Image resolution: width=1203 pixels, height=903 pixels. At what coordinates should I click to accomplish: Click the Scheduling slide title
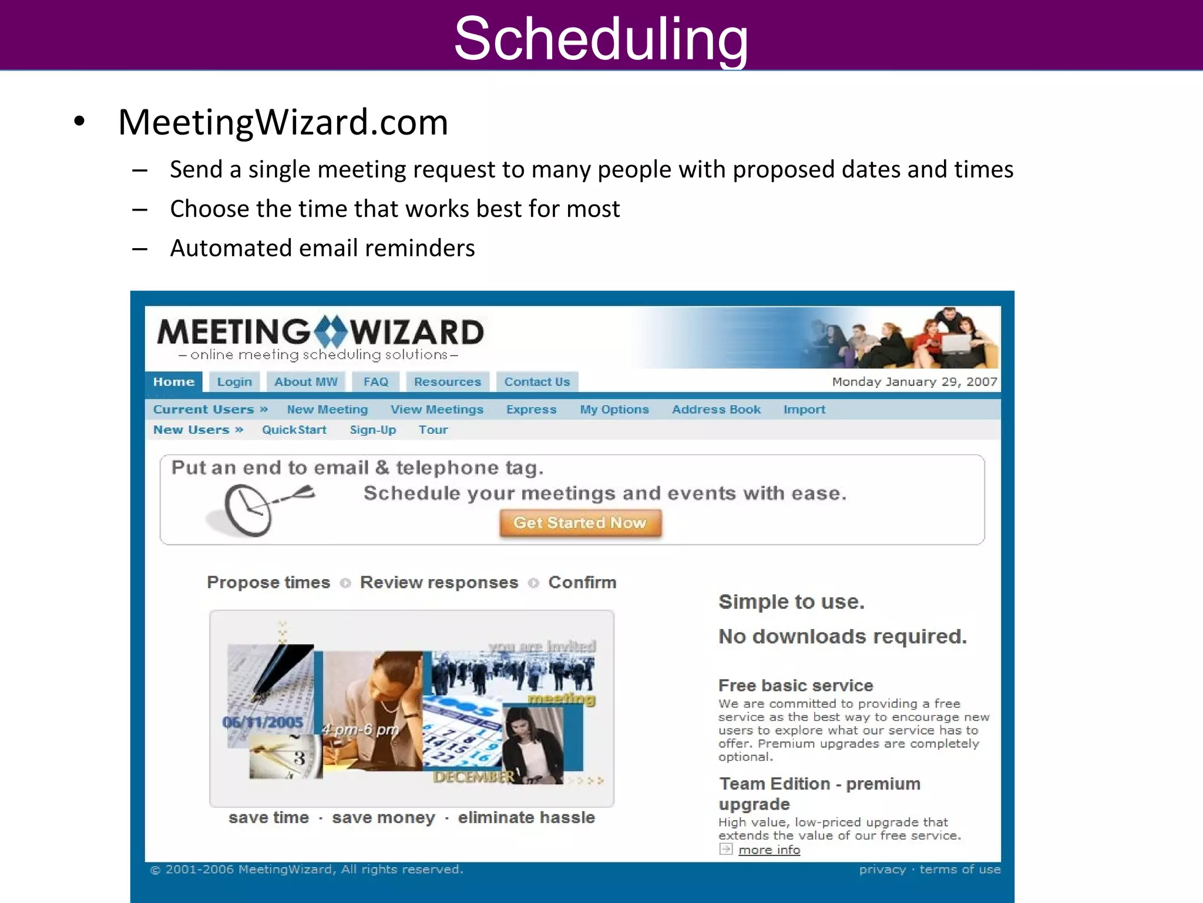(x=601, y=38)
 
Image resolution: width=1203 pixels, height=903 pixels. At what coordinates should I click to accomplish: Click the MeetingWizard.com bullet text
(x=283, y=122)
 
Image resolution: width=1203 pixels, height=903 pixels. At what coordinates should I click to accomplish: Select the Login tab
(x=234, y=382)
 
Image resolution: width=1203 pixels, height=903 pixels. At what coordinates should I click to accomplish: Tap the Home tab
(x=173, y=382)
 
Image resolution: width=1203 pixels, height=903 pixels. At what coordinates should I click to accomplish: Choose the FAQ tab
(x=376, y=382)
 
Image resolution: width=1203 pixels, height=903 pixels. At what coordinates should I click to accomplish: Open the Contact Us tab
(x=537, y=382)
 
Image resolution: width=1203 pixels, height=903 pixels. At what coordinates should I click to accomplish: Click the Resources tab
(x=447, y=382)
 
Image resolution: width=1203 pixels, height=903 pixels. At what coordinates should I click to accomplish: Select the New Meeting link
(x=327, y=409)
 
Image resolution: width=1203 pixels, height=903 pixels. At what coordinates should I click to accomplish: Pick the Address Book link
(x=716, y=409)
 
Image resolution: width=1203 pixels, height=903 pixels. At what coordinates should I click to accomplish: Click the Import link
(x=804, y=409)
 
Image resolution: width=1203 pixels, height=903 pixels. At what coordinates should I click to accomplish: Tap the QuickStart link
(x=294, y=430)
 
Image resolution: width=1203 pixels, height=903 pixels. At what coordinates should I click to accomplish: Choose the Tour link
(x=433, y=430)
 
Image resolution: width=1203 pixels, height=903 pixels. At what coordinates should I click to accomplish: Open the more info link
(x=769, y=850)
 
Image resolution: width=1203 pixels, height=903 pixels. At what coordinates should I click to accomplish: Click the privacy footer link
(x=882, y=869)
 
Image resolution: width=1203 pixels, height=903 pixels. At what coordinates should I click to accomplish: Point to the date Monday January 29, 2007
(x=914, y=382)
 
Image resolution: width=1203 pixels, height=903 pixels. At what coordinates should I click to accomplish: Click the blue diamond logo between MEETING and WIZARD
(x=330, y=332)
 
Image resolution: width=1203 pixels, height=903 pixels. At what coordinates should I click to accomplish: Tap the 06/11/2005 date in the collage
(x=263, y=722)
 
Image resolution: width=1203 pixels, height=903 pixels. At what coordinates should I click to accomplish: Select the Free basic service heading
(x=795, y=685)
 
